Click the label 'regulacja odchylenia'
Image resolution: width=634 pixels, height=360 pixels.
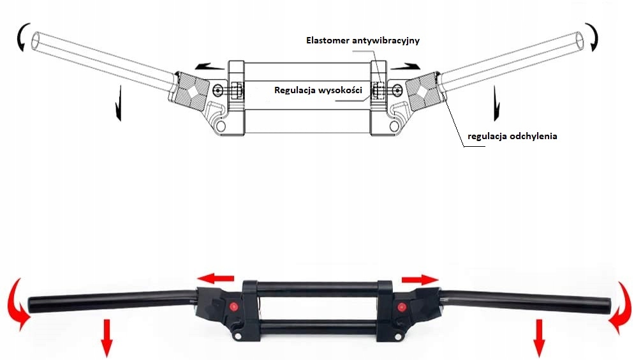(512, 136)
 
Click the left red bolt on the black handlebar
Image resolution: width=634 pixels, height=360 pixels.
(233, 307)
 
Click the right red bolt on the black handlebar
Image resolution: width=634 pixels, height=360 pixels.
(402, 308)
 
